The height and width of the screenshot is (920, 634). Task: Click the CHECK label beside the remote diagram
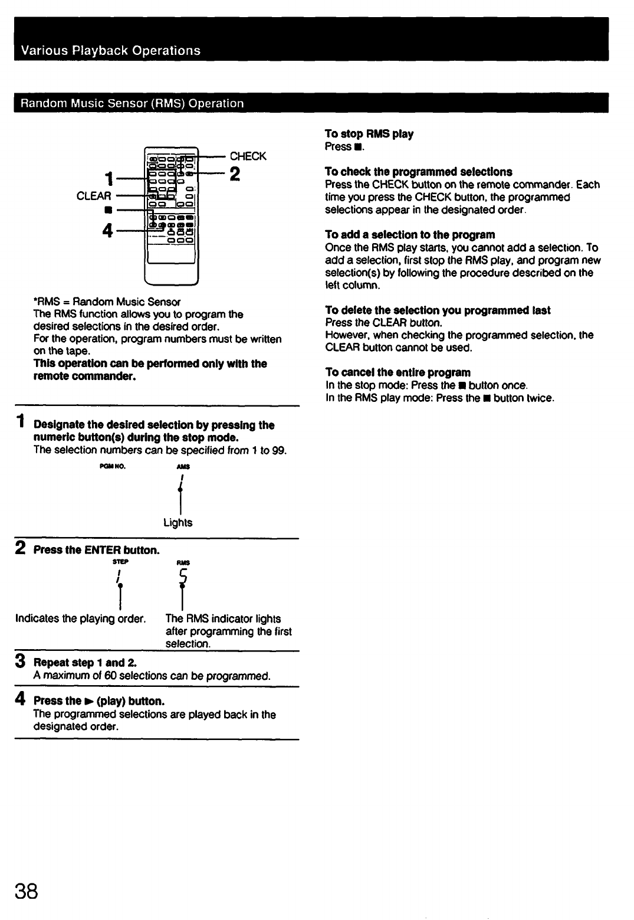[x=248, y=156]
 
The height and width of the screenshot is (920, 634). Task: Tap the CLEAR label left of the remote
[x=94, y=196]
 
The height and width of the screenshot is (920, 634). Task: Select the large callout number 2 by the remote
[x=235, y=174]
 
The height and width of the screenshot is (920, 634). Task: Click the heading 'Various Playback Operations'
[x=111, y=51]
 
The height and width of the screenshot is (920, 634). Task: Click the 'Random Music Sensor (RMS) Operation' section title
[x=132, y=104]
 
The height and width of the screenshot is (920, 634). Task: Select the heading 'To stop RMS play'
[x=369, y=134]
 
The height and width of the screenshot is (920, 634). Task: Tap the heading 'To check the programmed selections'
[x=418, y=172]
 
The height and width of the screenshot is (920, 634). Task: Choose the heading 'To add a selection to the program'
[x=410, y=235]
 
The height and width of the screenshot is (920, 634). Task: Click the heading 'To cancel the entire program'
[x=398, y=372]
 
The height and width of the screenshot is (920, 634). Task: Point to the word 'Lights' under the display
[x=178, y=523]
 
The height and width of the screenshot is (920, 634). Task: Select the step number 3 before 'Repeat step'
[x=20, y=662]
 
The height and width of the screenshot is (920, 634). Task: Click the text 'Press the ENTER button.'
[x=97, y=551]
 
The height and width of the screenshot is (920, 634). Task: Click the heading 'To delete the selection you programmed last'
[x=438, y=310]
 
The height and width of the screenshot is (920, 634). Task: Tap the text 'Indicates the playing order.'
[x=81, y=619]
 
